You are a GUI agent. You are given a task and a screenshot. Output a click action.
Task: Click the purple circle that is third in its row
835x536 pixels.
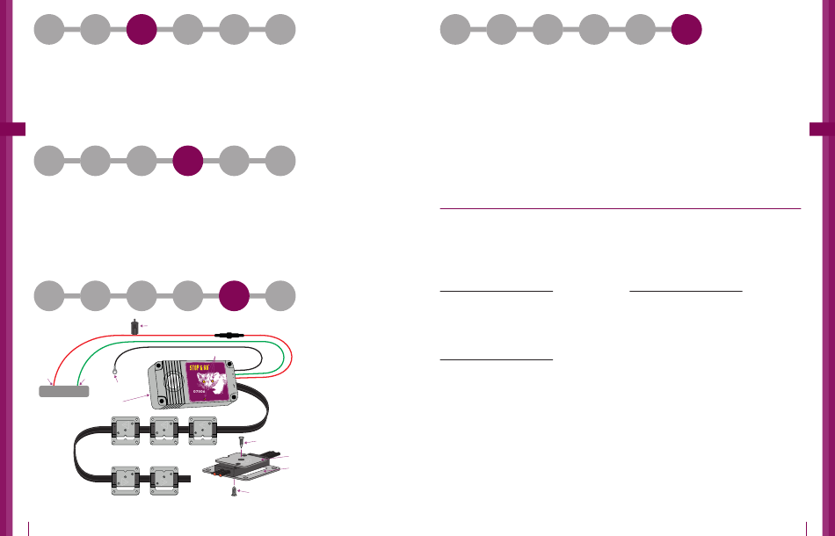142,30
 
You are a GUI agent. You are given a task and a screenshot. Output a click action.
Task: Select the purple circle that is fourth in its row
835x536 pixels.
188,162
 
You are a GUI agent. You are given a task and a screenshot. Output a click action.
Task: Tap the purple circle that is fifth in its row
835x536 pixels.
235,295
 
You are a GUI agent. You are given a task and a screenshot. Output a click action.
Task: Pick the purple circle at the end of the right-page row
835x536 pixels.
686,30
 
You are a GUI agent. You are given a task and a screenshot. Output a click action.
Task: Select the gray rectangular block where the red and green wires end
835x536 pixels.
65,390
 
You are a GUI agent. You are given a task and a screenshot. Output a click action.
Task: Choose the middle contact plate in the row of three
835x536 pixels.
164,431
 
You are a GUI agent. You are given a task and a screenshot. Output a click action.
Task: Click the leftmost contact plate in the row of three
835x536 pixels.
126,431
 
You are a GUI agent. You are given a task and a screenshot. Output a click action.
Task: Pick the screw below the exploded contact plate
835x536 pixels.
233,491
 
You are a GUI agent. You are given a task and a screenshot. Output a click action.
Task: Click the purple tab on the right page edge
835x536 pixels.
821,129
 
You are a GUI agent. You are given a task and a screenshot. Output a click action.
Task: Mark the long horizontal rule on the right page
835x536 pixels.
620,209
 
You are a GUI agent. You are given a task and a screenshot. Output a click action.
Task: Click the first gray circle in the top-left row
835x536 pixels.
49,30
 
